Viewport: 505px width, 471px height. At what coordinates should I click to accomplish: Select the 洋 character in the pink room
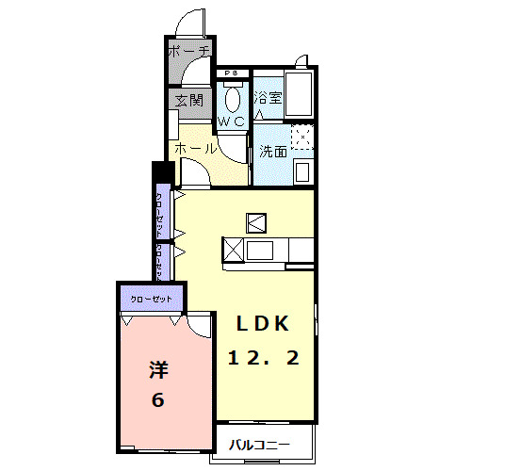pos(157,369)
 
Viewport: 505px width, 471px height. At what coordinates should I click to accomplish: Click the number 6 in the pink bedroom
pos(157,399)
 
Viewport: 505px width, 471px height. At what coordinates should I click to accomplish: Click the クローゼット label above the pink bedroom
pos(151,299)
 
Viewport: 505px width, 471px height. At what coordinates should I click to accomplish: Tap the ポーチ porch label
pos(187,53)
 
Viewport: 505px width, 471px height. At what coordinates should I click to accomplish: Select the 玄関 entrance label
pos(188,100)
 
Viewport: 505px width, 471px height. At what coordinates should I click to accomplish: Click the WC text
pos(232,122)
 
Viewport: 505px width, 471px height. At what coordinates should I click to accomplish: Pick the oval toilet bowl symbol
pos(234,99)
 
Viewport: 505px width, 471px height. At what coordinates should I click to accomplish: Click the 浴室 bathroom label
pos(269,98)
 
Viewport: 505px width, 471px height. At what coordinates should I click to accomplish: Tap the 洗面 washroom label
pos(273,151)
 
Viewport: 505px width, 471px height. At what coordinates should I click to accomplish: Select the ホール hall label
pos(196,149)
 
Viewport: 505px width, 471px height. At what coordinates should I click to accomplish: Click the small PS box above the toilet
pos(230,73)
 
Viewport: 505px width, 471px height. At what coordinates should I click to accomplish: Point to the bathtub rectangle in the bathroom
pos(300,94)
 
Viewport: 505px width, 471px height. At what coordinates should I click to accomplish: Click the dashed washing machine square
pos(301,138)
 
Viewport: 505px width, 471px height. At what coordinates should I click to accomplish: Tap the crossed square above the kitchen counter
pos(257,222)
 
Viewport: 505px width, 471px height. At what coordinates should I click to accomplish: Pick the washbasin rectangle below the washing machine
pos(301,171)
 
